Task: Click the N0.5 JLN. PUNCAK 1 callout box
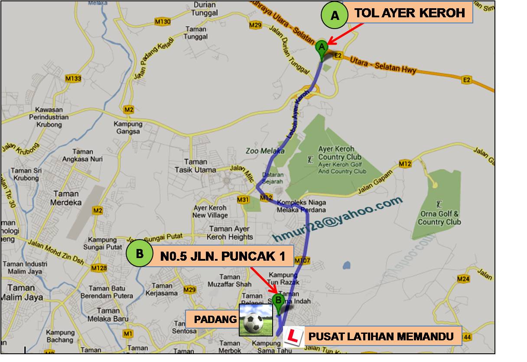pos(223,256)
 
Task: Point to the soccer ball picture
pos(256,320)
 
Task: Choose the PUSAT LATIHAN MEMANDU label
pos(381,336)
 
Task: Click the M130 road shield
pos(162,22)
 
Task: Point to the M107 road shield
pos(302,261)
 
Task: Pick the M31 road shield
pos(243,200)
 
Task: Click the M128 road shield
pos(99,268)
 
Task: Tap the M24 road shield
pos(463,279)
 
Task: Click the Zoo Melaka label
pos(265,151)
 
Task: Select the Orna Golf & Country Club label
pos(439,218)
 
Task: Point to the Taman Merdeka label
pos(66,198)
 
